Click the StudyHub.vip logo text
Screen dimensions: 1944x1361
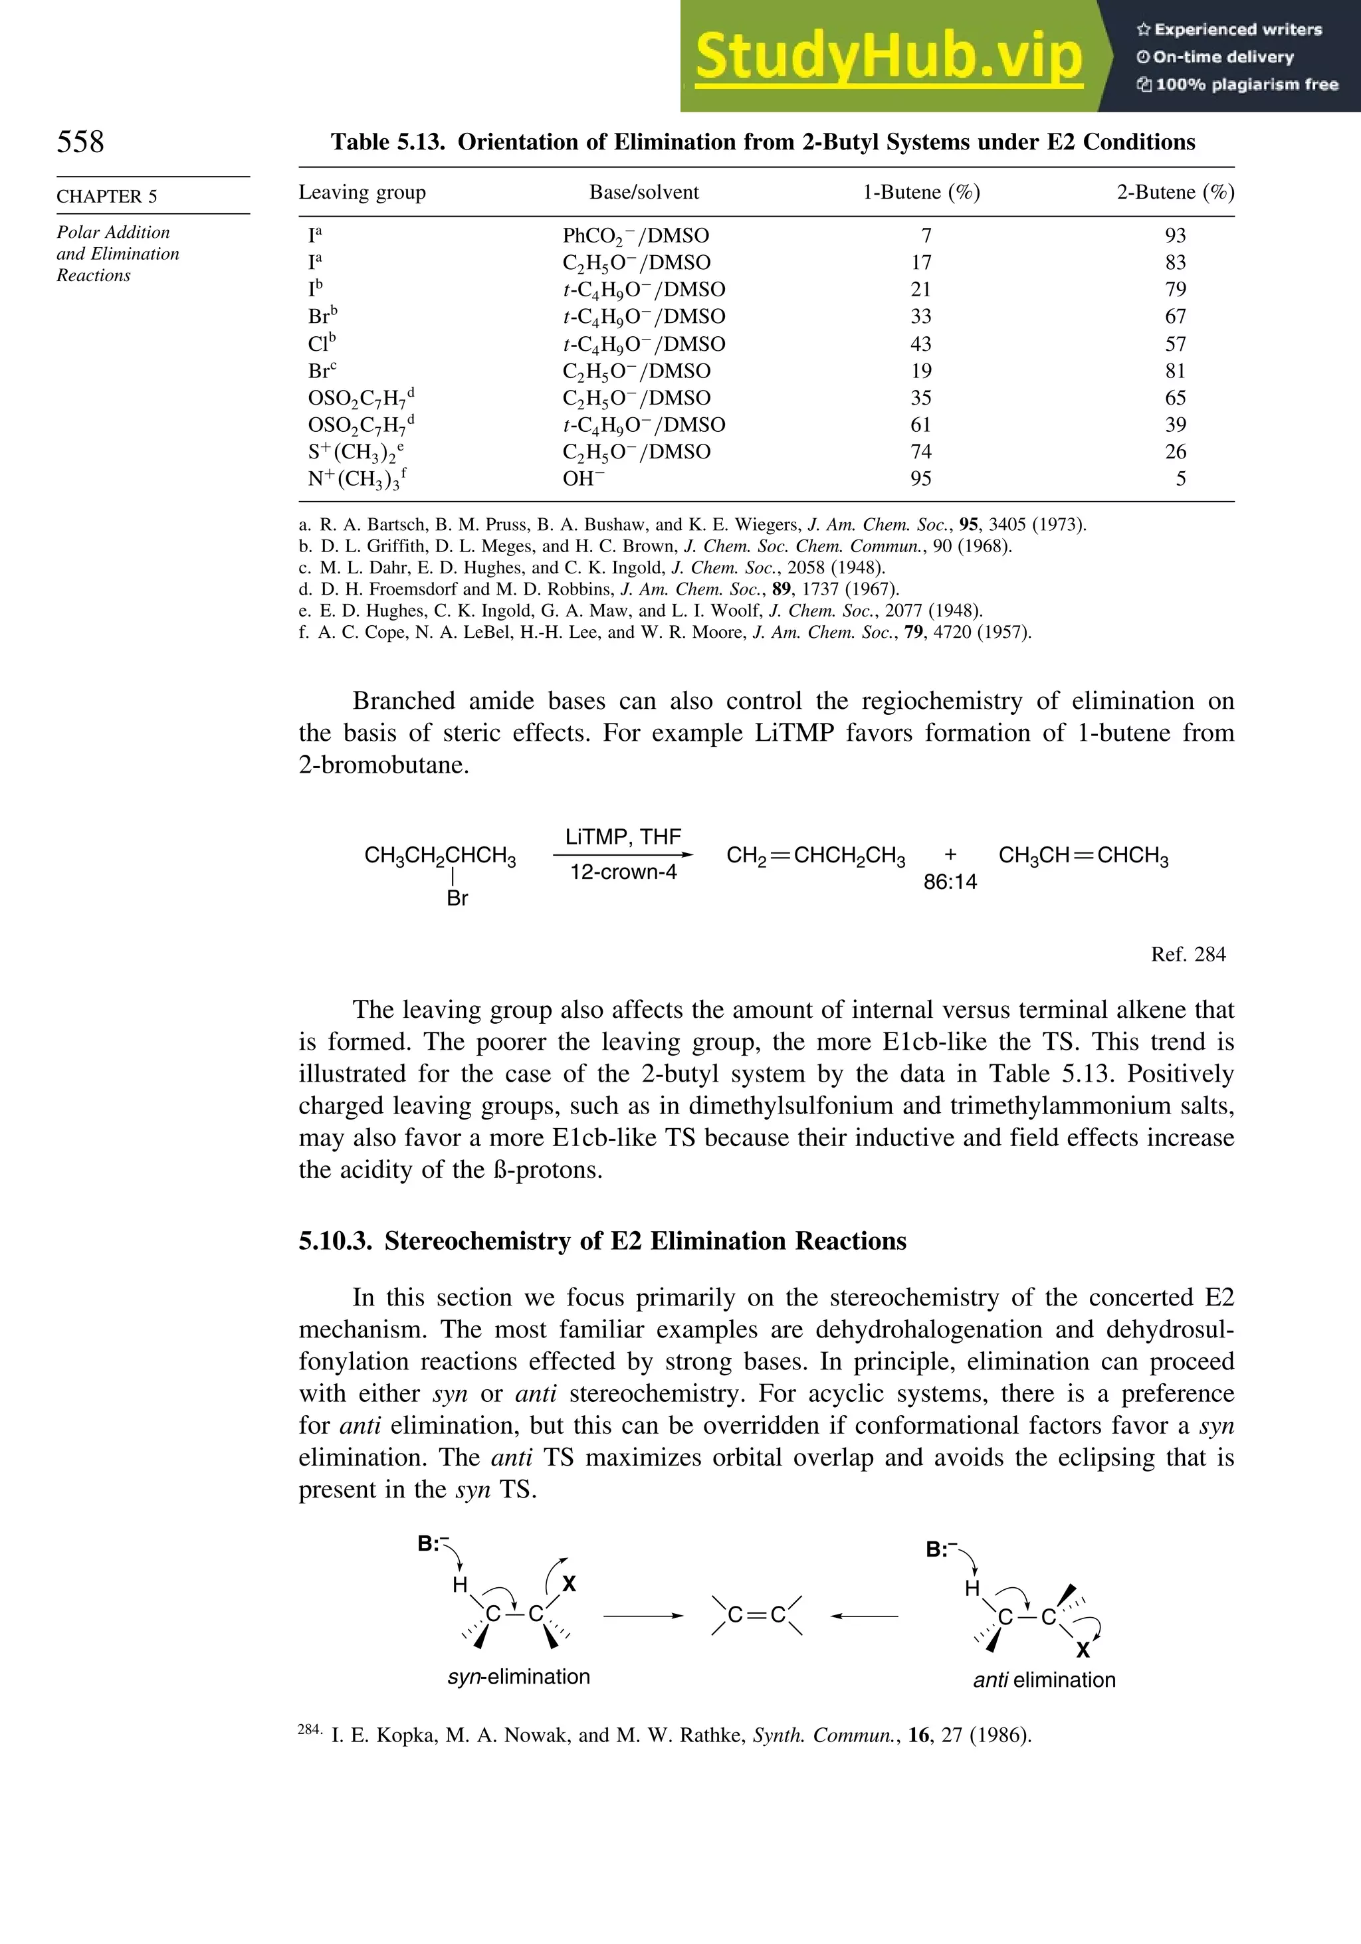[x=889, y=56]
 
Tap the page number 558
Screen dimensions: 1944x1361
[x=80, y=142]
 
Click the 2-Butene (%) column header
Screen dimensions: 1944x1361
[x=1175, y=192]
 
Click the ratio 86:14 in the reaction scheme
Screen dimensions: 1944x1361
[x=950, y=882]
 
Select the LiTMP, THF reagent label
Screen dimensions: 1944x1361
[x=623, y=837]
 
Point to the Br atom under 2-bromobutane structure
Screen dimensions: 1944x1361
[x=457, y=898]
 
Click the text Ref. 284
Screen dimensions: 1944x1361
[x=1188, y=954]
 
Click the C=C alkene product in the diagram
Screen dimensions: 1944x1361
[x=756, y=1616]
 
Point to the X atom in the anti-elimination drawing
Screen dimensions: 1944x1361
[x=1083, y=1650]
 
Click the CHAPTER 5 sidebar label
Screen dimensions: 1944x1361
[x=107, y=197]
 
